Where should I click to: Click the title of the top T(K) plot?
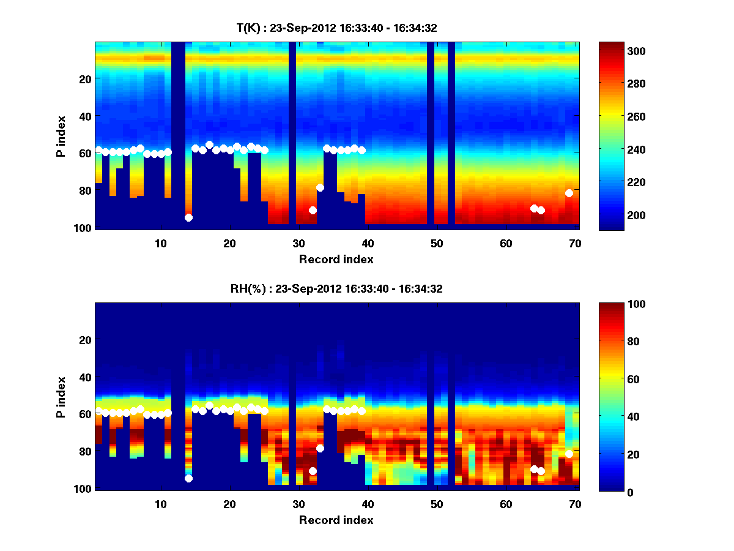(x=337, y=28)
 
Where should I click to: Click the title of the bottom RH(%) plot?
(x=337, y=288)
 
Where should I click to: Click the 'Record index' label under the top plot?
(x=336, y=259)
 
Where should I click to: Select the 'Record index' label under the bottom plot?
(x=336, y=520)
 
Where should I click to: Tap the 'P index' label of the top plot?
(x=61, y=137)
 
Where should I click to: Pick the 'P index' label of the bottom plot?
(x=61, y=397)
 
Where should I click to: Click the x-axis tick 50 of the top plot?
(x=437, y=243)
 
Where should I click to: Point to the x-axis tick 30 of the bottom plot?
(x=298, y=504)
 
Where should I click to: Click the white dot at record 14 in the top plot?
(x=188, y=217)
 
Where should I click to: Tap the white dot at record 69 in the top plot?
(x=569, y=193)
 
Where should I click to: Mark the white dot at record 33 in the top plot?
(x=320, y=187)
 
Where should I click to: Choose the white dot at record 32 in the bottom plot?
(x=313, y=471)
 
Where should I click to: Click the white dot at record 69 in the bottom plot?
(x=569, y=454)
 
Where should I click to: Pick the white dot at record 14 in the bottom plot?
(x=188, y=478)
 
